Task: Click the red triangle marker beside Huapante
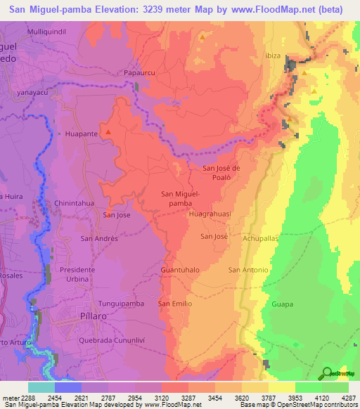(108, 131)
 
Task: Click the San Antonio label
(249, 270)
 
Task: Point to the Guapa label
(282, 304)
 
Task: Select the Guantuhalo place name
(181, 270)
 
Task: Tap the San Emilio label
(175, 304)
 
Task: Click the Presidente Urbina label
(84, 274)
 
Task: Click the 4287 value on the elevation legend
(347, 397)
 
